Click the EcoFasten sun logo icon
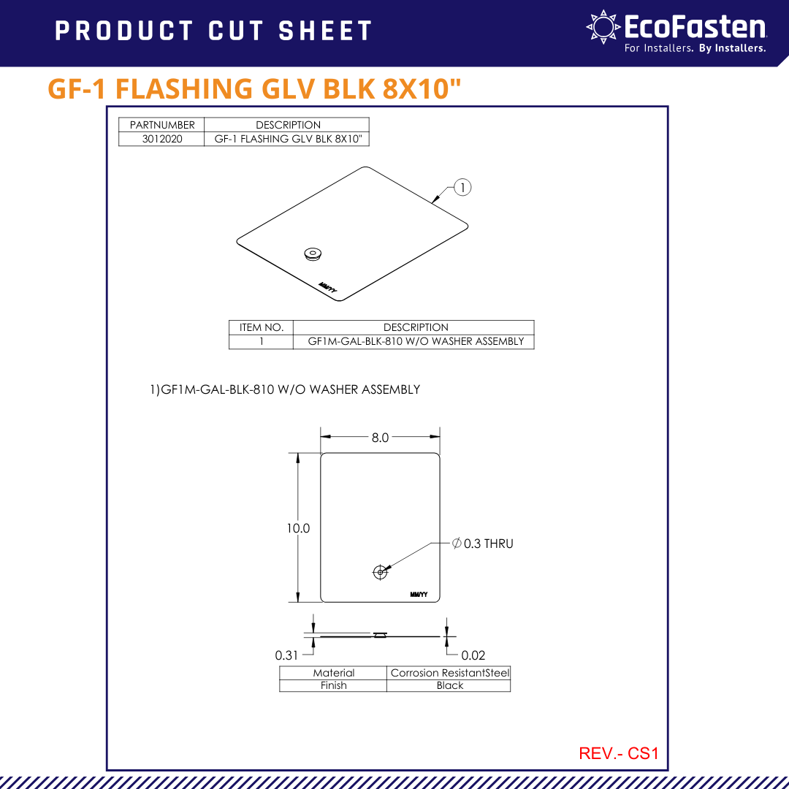pyautogui.click(x=603, y=27)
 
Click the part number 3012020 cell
pyautogui.click(x=162, y=139)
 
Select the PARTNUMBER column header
pyautogui.click(x=162, y=125)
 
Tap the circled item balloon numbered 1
pyautogui.click(x=463, y=187)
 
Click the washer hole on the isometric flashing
pyautogui.click(x=313, y=254)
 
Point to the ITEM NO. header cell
pyautogui.click(x=262, y=327)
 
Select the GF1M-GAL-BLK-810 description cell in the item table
pyautogui.click(x=416, y=341)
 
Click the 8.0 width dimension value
pyautogui.click(x=380, y=438)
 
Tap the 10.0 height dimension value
pyautogui.click(x=298, y=528)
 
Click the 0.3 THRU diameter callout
pyautogui.click(x=483, y=544)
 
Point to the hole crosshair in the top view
pyautogui.click(x=380, y=572)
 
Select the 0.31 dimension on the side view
pyautogui.click(x=286, y=655)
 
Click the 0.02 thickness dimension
pyautogui.click(x=473, y=655)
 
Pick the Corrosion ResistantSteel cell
pyautogui.click(x=449, y=673)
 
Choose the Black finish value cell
pyautogui.click(x=449, y=685)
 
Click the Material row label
pyautogui.click(x=333, y=673)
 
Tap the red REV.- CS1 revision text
pyautogui.click(x=618, y=753)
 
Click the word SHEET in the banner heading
pyautogui.click(x=325, y=31)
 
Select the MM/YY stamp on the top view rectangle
pyautogui.click(x=419, y=593)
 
